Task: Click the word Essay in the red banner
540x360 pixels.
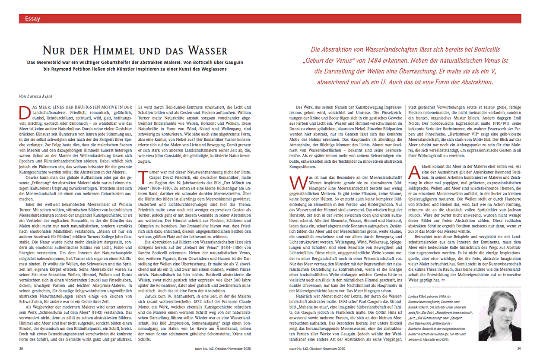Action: (33, 19)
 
